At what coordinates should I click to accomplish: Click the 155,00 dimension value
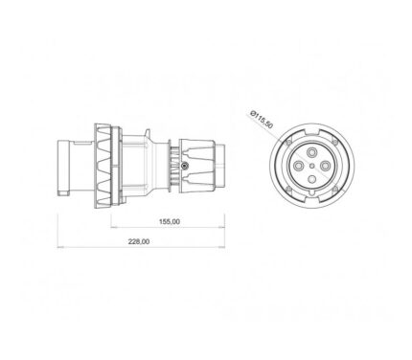click(170, 221)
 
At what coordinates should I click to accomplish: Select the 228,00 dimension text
click(139, 241)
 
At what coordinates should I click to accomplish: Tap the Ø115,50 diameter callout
click(262, 119)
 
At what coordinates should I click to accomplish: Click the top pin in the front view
click(311, 153)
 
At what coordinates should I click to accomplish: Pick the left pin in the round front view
click(299, 166)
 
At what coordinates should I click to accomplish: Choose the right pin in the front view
click(325, 166)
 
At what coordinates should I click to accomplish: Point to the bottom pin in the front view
click(311, 179)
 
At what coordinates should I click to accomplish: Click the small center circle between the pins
click(312, 166)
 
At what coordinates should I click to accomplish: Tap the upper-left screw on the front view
click(289, 143)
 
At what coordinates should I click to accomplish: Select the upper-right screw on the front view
click(334, 143)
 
